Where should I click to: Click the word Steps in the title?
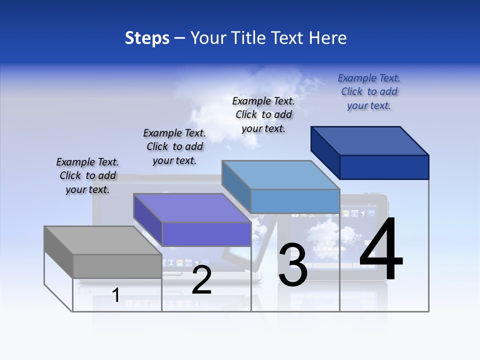[147, 38]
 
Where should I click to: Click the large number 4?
[381, 249]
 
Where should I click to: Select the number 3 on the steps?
[293, 265]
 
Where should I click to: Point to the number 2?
[201, 280]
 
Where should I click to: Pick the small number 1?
[116, 295]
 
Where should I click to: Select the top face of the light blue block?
[280, 174]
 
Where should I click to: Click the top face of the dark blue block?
[370, 140]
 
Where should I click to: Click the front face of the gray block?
[117, 266]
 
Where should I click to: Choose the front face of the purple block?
[206, 234]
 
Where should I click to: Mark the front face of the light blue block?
[295, 201]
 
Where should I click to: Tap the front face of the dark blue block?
[384, 167]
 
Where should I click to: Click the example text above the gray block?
[87, 175]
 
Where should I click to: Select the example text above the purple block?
[174, 146]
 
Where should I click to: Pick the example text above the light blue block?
[263, 114]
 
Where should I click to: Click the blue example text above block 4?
[369, 91]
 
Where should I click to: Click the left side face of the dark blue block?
[325, 152]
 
